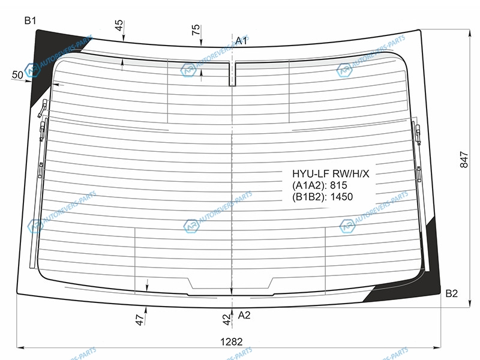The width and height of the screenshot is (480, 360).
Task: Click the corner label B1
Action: (x=31, y=20)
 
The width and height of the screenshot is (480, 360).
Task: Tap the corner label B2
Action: (x=451, y=293)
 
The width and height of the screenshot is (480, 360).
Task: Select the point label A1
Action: (x=241, y=41)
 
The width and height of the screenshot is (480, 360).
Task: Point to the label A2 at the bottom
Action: (x=244, y=315)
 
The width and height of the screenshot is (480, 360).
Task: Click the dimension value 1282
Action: (x=232, y=341)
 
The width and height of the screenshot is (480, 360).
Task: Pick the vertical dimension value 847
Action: (x=464, y=160)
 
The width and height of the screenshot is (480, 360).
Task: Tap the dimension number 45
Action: (x=119, y=25)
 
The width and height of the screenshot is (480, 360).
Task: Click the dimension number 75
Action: (x=196, y=30)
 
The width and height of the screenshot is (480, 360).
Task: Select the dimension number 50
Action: (x=17, y=74)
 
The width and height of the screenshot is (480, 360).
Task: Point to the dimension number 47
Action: (x=139, y=320)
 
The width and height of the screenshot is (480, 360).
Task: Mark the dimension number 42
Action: (x=226, y=320)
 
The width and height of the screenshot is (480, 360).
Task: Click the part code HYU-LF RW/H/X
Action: (x=331, y=174)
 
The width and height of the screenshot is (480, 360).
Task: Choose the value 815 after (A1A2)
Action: (x=338, y=185)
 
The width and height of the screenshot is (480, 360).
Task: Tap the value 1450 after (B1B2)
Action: (x=341, y=197)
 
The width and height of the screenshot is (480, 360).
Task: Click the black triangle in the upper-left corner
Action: (x=46, y=58)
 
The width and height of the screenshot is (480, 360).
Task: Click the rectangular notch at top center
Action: (x=232, y=74)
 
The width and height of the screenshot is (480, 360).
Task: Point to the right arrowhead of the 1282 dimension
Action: (x=438, y=347)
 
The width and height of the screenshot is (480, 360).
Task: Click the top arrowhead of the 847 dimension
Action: (x=470, y=33)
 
